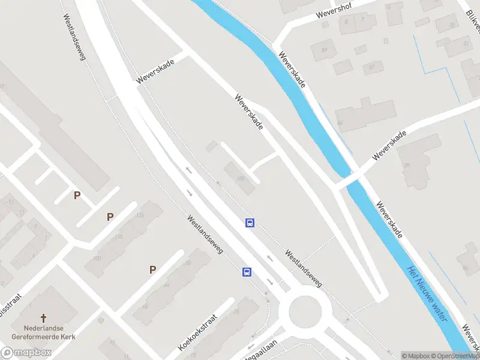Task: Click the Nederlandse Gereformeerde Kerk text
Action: [43, 332]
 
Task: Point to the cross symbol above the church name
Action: [43, 317]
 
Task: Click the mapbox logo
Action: [26, 353]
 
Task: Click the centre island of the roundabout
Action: [310, 311]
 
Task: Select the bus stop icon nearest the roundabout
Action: [247, 272]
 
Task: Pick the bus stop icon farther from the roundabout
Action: [250, 223]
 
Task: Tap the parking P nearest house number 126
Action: [110, 217]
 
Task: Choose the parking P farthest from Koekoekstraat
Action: [77, 195]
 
